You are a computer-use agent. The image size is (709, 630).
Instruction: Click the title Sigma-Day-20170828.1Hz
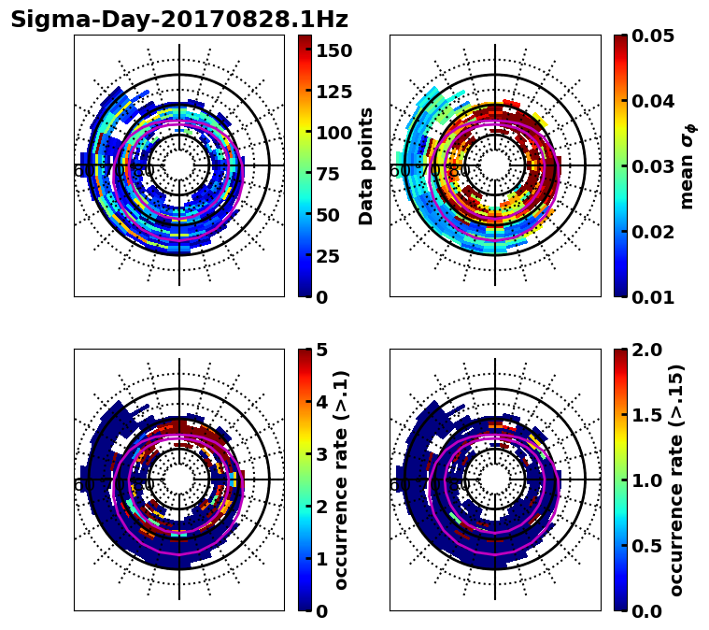click(178, 20)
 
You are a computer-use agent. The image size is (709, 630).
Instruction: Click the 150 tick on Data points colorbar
click(334, 50)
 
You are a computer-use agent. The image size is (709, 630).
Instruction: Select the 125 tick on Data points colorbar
click(334, 92)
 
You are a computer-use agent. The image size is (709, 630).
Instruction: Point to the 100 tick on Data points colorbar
click(334, 133)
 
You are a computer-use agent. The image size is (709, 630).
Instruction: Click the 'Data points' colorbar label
click(366, 165)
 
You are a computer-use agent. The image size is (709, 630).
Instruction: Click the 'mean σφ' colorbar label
click(687, 165)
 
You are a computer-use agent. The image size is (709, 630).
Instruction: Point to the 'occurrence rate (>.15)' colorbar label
click(676, 480)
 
